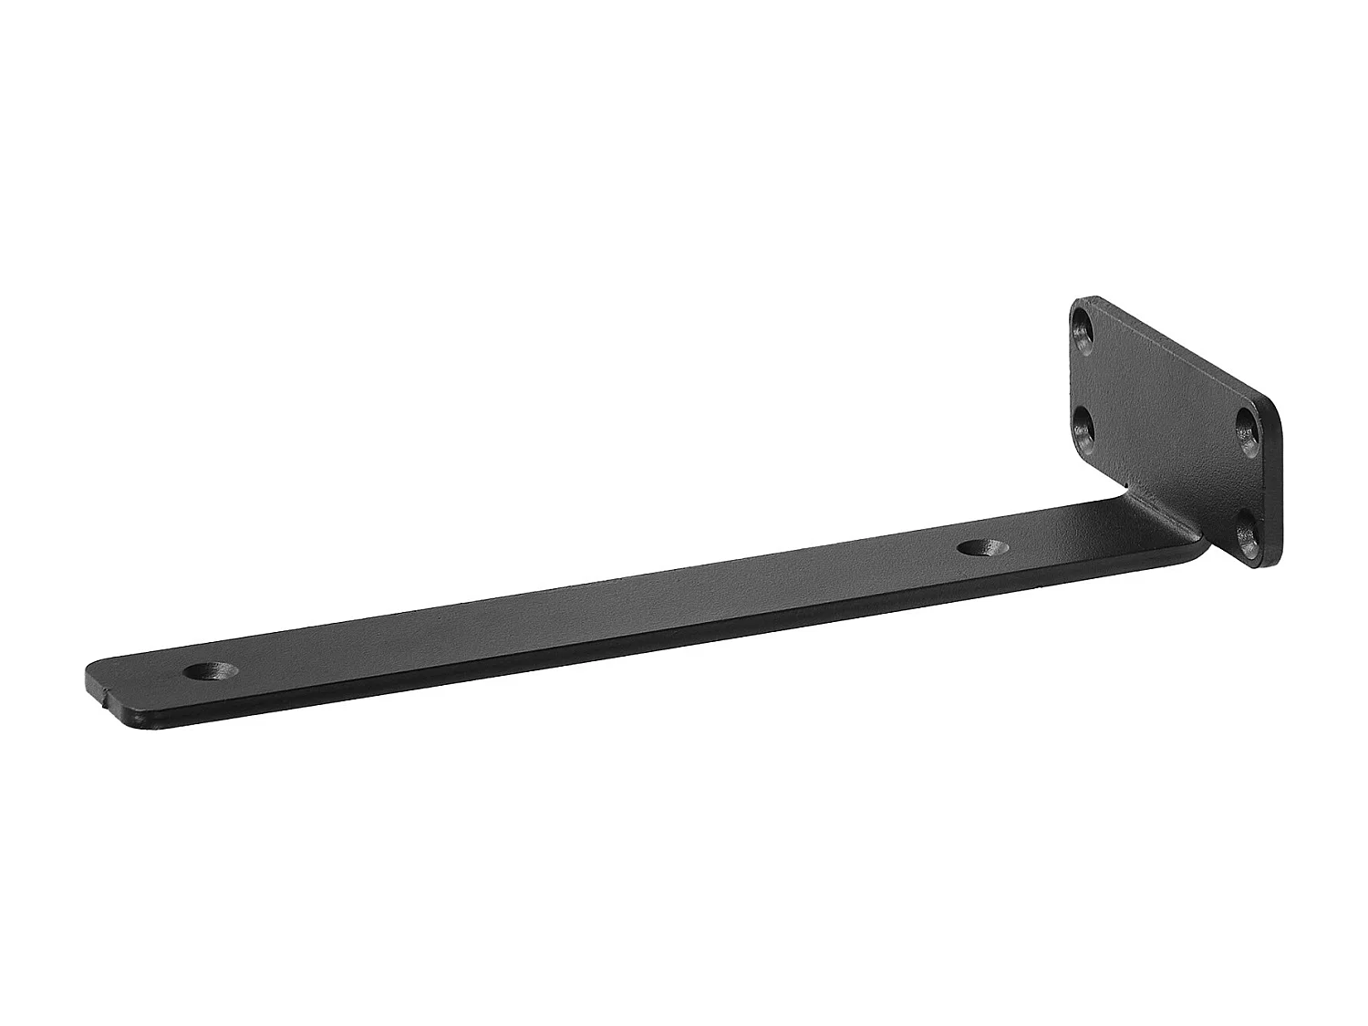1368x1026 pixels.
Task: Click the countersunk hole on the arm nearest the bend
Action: (982, 548)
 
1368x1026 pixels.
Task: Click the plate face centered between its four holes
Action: (1167, 429)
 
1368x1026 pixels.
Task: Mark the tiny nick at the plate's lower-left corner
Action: (1127, 486)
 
